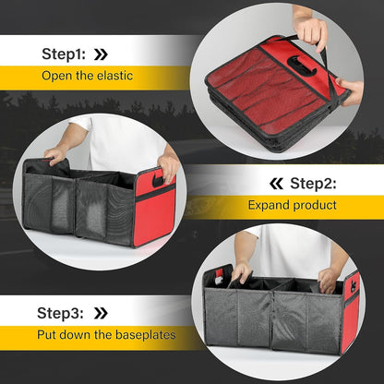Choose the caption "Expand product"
coord(293,205)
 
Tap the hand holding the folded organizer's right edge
coord(350,90)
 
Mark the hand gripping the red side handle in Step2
coord(168,166)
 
